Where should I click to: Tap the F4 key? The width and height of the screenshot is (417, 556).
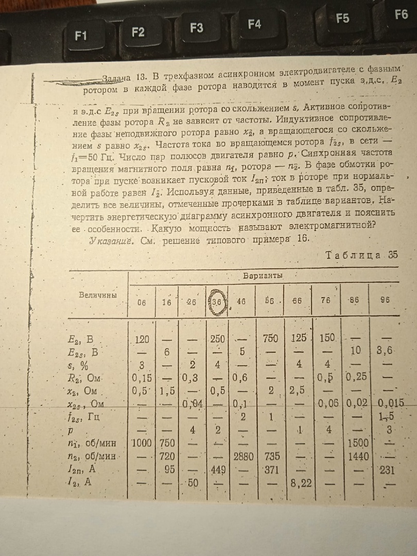254,24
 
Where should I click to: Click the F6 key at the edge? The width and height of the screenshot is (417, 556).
401,14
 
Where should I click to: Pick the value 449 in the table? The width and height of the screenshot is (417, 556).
219,469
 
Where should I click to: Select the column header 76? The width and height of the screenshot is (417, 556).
326,301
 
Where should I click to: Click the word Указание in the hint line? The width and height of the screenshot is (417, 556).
111,240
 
